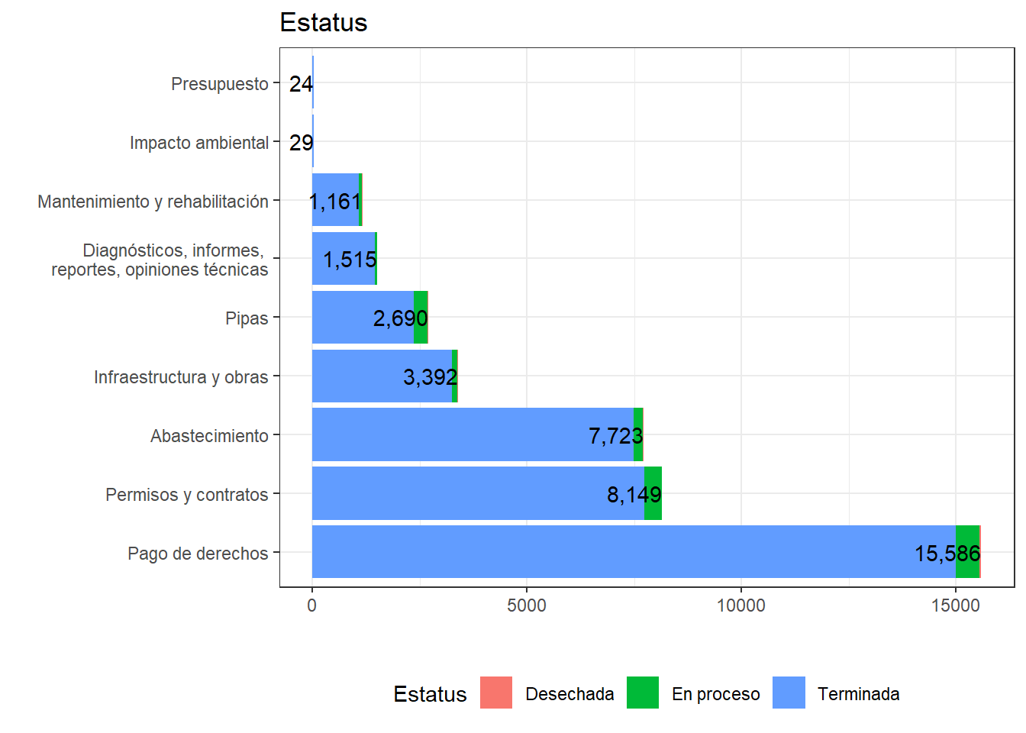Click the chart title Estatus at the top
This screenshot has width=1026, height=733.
323,23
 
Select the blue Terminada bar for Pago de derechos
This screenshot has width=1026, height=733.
611,551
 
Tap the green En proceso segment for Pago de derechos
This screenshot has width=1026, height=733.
967,551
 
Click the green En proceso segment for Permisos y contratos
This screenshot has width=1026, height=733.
653,493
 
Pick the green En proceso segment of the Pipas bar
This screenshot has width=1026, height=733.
421,317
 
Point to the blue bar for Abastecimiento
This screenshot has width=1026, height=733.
458,434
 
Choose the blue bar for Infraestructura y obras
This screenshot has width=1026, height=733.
366,376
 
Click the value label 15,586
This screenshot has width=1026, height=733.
947,553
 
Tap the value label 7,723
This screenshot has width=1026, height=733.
615,436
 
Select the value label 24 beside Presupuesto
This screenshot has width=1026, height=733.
301,84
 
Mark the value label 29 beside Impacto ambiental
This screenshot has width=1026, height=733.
301,143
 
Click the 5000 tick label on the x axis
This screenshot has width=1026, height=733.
527,605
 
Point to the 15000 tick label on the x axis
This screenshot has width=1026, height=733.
955,605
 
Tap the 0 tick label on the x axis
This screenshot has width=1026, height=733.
311,605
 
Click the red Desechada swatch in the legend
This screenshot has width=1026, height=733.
496,693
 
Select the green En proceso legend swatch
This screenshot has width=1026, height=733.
643,693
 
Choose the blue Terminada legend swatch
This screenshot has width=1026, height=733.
789,693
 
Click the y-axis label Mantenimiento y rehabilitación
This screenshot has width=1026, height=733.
153,202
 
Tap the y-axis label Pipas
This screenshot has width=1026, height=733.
247,318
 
